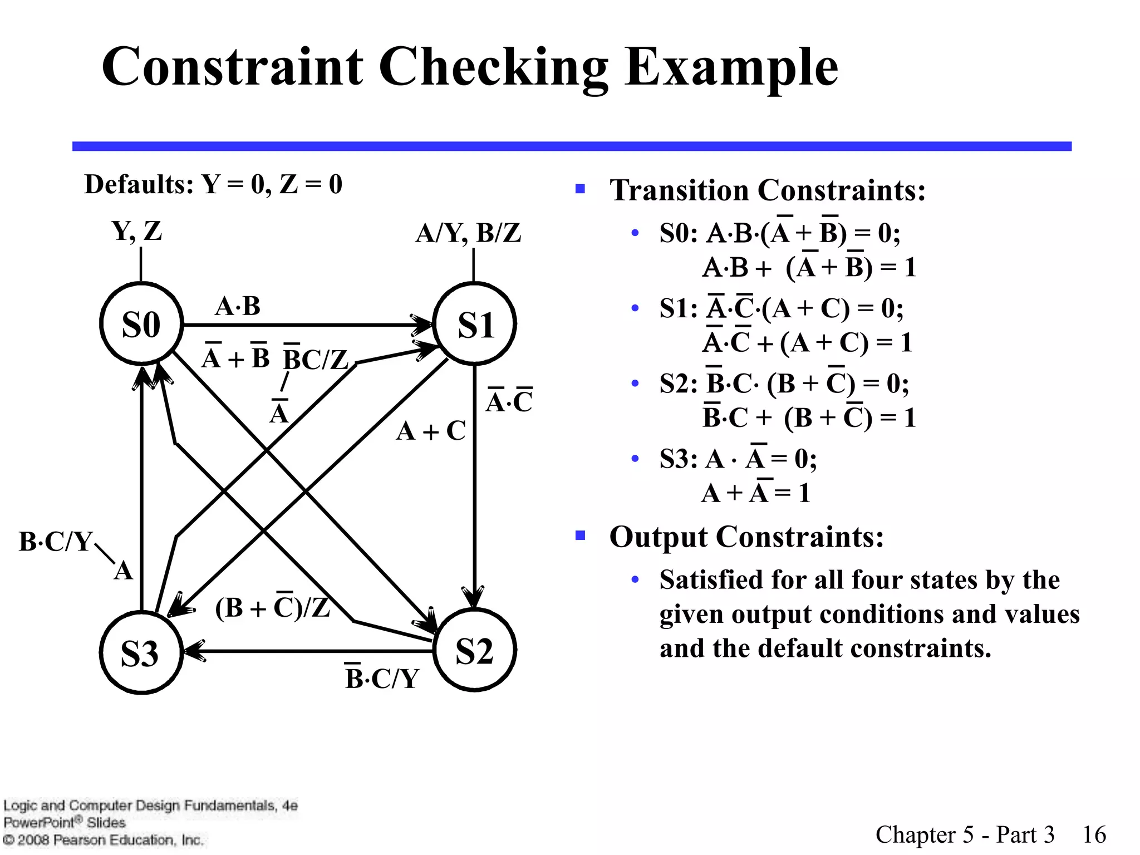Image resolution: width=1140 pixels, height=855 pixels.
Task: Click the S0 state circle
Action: click(141, 324)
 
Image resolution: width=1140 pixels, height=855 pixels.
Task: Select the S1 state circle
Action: click(475, 324)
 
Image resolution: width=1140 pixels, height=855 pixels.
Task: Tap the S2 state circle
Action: click(475, 650)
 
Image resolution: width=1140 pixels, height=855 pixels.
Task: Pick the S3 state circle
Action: click(141, 652)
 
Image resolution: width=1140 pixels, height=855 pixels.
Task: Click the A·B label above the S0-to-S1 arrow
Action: click(238, 306)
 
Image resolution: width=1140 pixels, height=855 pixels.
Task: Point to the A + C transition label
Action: click(431, 431)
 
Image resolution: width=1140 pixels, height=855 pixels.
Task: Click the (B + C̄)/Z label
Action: click(272, 607)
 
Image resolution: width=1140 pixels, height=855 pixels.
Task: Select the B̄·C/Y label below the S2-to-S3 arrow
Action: click(382, 678)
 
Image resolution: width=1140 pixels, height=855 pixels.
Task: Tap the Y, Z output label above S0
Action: click(137, 231)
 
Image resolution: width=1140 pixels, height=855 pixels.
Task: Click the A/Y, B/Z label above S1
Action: click(468, 233)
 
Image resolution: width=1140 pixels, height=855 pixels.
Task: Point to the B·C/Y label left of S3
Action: click(55, 542)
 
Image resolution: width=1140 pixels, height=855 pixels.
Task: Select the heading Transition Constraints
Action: click(768, 190)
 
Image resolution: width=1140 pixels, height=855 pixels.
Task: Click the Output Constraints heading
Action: click(746, 537)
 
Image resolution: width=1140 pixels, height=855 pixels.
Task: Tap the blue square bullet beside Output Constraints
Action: click(581, 536)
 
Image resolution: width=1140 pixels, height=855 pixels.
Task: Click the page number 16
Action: click(1094, 834)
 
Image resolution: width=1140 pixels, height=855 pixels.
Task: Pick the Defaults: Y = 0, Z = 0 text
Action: click(213, 184)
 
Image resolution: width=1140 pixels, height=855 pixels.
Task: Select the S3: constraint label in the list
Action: click(679, 460)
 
